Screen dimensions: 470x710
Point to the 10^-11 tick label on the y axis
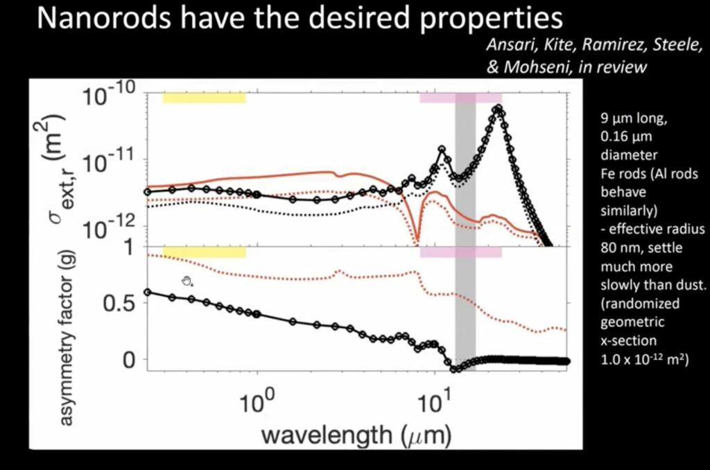[x=111, y=164]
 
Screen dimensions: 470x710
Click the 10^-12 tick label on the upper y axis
[x=111, y=229]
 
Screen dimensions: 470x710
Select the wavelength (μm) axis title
[x=356, y=435]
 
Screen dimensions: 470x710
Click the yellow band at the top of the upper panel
[x=204, y=98]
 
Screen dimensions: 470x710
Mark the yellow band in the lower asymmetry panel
[x=204, y=252]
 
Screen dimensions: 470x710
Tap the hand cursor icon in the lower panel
[x=187, y=281]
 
